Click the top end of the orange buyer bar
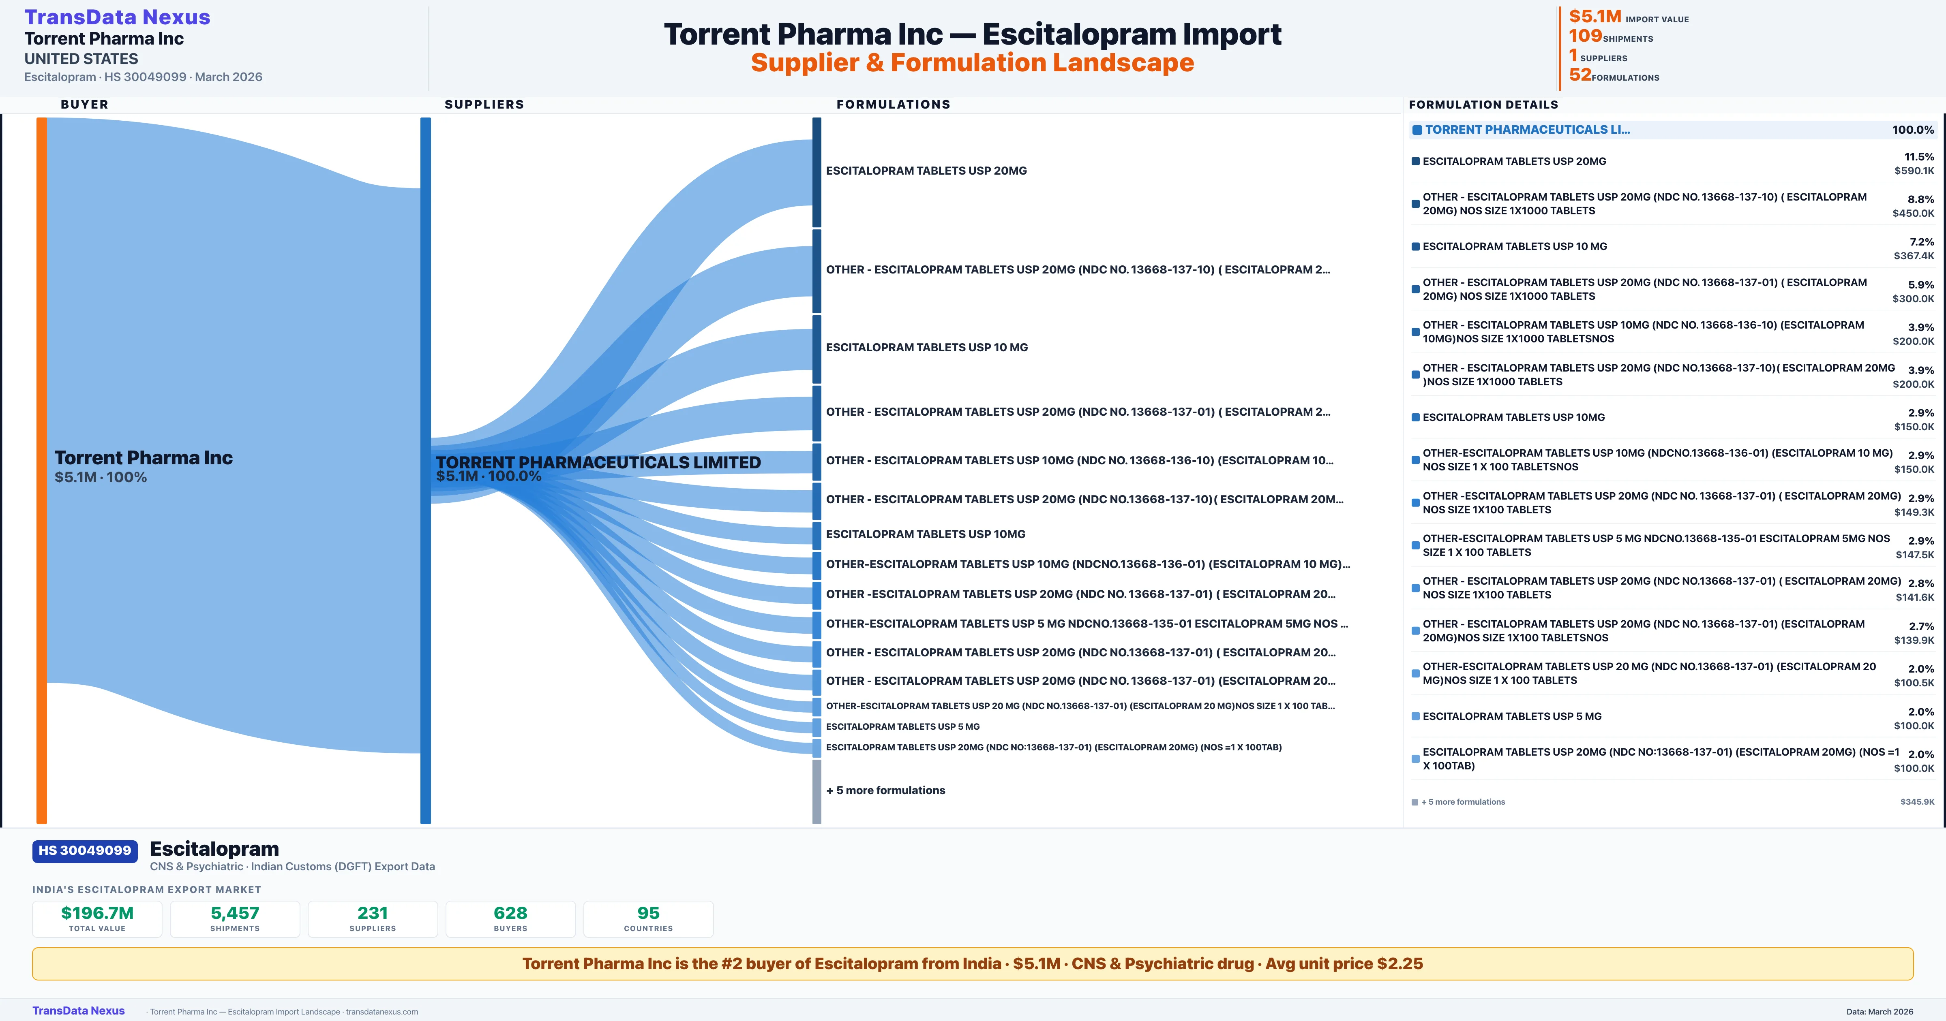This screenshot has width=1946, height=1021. tap(41, 118)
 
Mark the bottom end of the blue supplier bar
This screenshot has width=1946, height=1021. tap(425, 823)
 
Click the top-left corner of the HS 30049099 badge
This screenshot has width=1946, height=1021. tap(32, 840)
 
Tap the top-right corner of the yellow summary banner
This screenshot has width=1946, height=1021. tap(1914, 948)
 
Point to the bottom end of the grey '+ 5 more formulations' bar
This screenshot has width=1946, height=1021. tap(817, 823)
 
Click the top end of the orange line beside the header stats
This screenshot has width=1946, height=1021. tap(1560, 7)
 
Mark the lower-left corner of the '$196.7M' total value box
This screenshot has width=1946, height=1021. tap(32, 937)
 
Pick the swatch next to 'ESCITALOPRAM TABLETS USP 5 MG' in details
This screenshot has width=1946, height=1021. tap(1416, 716)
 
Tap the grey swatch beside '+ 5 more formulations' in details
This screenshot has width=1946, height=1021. tap(1415, 802)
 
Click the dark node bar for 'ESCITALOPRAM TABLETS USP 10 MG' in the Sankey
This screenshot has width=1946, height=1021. tap(817, 349)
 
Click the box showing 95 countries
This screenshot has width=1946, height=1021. tap(648, 919)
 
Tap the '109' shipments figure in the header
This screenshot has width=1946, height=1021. tap(1585, 36)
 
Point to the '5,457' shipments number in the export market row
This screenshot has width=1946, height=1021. tap(235, 913)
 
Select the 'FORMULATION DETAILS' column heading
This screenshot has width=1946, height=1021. tap(1483, 104)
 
